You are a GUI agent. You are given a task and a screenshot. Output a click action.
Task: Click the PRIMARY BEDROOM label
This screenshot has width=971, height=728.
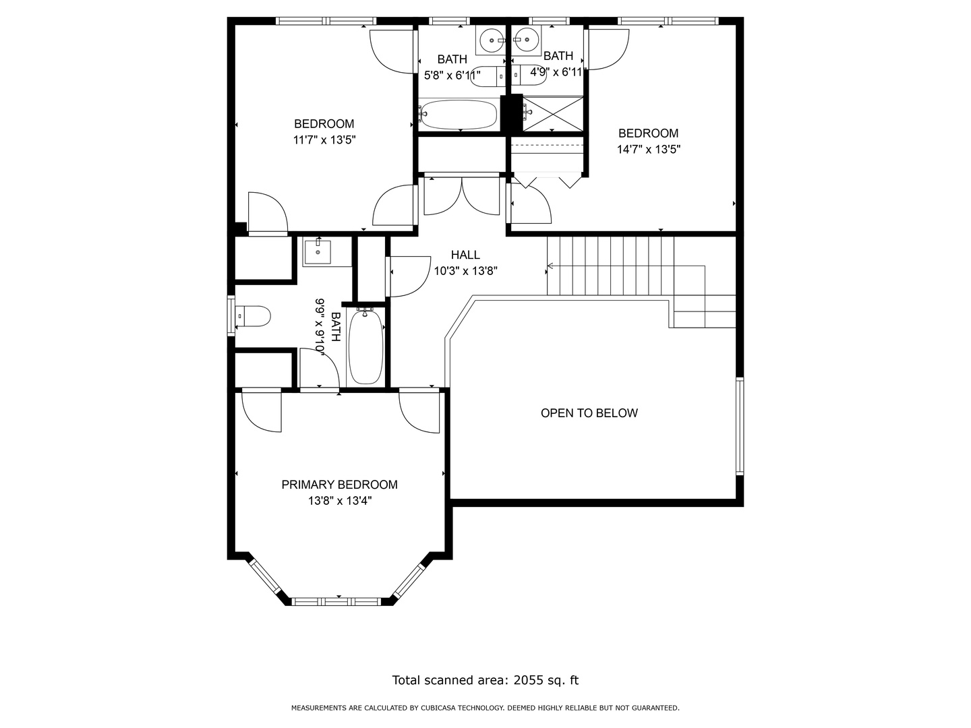[x=339, y=485]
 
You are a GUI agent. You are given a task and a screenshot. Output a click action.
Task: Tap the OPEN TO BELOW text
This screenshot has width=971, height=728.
[x=589, y=413]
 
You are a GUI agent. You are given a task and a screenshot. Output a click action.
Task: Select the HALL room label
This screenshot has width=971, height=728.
[x=465, y=255]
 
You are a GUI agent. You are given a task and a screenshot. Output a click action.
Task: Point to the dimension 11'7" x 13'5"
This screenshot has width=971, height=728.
[x=324, y=140]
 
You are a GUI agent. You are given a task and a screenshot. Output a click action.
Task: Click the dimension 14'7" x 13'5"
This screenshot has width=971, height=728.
[x=648, y=150]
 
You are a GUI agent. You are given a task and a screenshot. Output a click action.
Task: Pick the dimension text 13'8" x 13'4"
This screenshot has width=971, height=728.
[x=340, y=501]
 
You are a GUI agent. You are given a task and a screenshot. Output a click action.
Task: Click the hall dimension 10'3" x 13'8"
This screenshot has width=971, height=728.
[x=465, y=271]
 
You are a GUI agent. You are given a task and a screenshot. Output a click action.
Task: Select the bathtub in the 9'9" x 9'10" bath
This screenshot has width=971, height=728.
[x=365, y=346]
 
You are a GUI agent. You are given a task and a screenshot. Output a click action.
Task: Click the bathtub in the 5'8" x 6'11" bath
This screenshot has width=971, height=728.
[x=459, y=115]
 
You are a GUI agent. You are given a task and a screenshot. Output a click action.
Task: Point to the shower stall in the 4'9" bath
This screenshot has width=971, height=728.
[x=552, y=113]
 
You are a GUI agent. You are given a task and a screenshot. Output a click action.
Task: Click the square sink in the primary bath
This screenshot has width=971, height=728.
[x=317, y=252]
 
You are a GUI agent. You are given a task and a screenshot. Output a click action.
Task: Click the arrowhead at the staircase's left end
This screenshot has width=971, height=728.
[x=550, y=266]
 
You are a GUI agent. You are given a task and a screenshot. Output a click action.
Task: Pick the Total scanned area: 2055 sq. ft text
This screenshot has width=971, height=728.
[x=485, y=680]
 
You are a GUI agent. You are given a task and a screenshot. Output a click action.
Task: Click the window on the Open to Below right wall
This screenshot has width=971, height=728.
[x=740, y=426]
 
